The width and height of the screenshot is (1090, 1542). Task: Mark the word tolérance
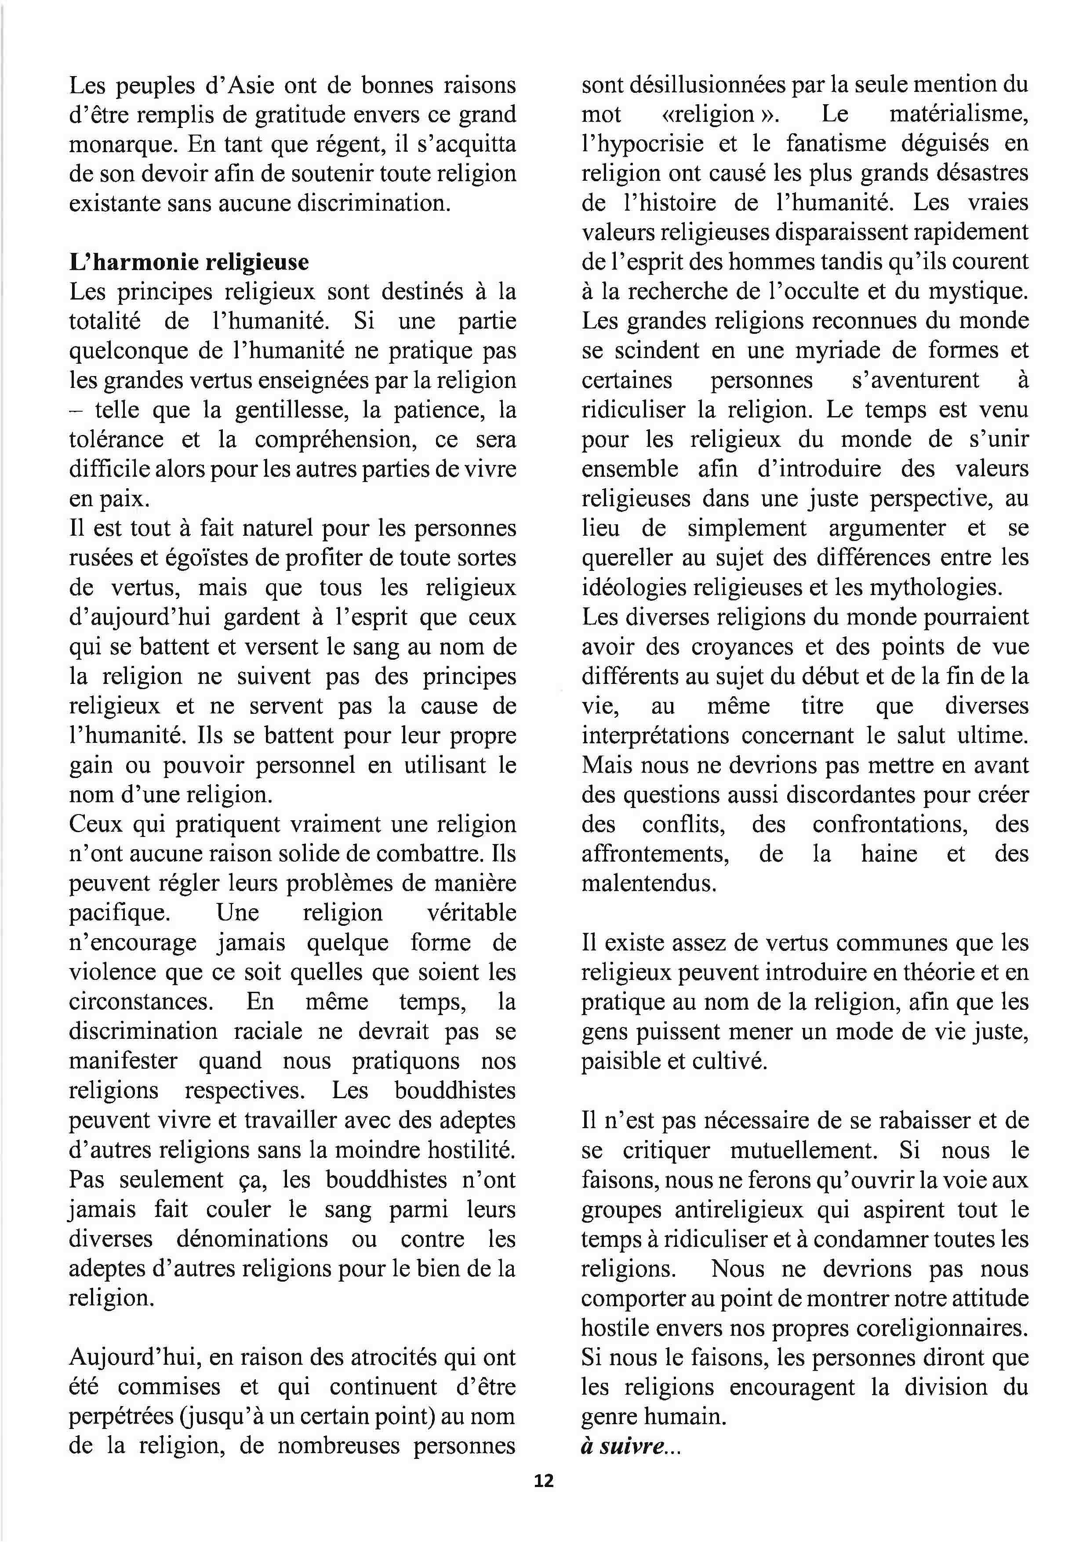click(116, 439)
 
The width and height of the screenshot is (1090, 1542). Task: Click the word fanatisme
click(847, 144)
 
